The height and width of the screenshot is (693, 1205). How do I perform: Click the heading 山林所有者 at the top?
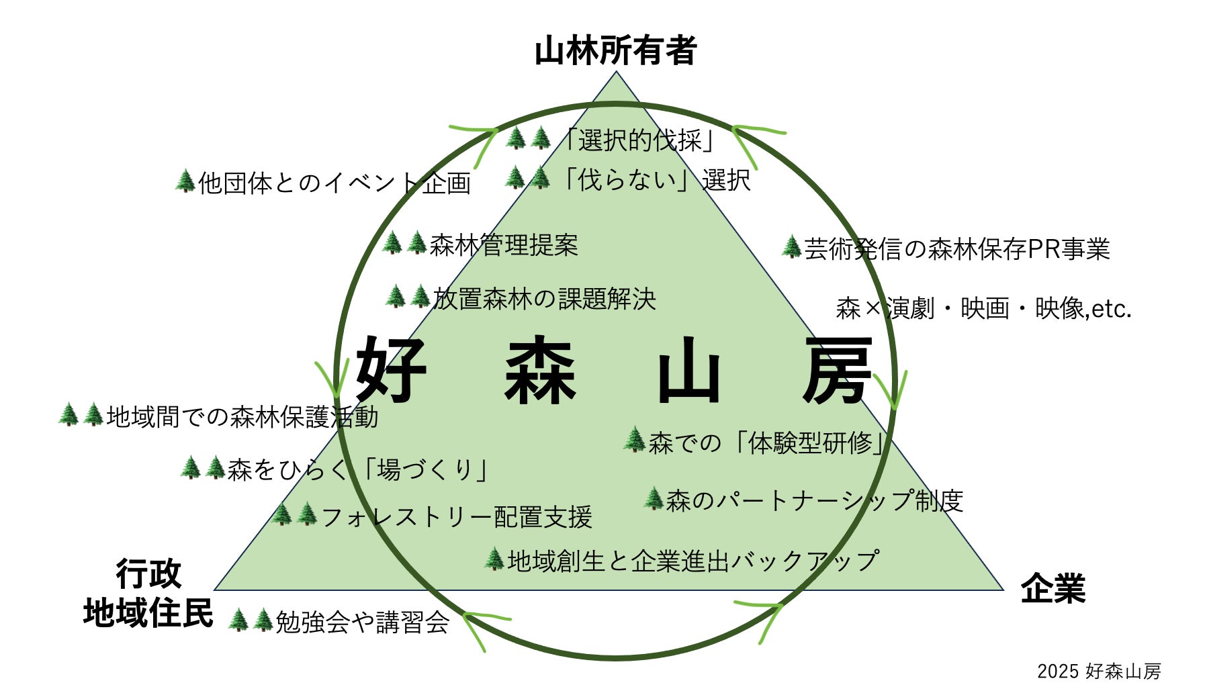click(x=615, y=51)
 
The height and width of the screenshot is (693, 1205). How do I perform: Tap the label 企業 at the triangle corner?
click(x=1053, y=588)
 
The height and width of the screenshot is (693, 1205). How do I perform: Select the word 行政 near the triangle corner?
click(x=148, y=573)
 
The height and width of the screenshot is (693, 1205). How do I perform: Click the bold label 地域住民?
click(x=148, y=613)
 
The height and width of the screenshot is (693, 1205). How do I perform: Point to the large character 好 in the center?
click(x=391, y=369)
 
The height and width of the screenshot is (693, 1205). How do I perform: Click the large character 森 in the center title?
click(x=540, y=371)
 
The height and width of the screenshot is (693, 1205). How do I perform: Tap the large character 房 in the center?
click(x=837, y=371)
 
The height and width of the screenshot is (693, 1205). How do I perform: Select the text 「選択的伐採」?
click(x=639, y=140)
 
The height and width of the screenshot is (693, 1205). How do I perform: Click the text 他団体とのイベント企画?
click(x=334, y=183)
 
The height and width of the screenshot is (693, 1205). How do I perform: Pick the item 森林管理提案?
click(x=504, y=245)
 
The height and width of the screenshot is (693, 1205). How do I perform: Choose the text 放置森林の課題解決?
click(x=544, y=298)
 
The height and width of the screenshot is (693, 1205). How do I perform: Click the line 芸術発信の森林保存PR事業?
click(x=956, y=249)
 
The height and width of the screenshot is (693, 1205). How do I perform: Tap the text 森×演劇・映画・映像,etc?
click(x=983, y=308)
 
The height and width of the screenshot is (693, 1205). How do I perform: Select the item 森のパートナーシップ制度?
click(x=815, y=500)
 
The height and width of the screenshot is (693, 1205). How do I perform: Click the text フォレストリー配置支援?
click(x=457, y=516)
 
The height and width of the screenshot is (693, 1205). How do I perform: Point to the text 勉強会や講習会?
click(x=362, y=622)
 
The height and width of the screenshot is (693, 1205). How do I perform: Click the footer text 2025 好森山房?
click(x=1099, y=671)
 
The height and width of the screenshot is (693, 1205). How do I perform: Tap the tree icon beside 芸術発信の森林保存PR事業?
click(x=791, y=247)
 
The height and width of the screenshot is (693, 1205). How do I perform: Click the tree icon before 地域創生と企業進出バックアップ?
click(x=494, y=559)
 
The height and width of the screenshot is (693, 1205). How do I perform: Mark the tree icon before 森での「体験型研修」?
click(x=634, y=440)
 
